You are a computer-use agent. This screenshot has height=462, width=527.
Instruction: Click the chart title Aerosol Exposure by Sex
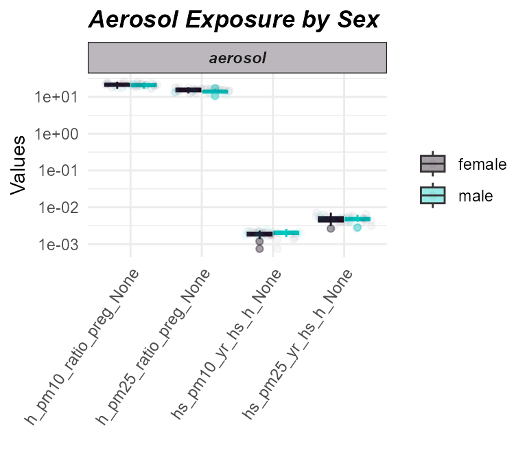point(233,20)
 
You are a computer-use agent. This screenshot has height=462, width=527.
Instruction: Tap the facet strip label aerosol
point(237,58)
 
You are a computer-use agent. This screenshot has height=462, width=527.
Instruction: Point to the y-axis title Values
point(19,165)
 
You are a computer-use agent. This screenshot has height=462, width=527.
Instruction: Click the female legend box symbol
point(433,164)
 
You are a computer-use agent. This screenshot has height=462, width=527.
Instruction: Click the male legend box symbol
point(433,195)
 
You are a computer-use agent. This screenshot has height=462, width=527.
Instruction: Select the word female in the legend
point(482,164)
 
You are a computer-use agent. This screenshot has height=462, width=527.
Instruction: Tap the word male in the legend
point(476,196)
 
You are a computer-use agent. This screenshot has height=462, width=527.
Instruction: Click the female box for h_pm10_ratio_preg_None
point(117,85)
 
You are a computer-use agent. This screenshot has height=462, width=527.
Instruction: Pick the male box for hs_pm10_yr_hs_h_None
point(287,233)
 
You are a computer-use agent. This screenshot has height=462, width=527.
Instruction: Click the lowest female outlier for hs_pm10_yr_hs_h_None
point(259,249)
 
